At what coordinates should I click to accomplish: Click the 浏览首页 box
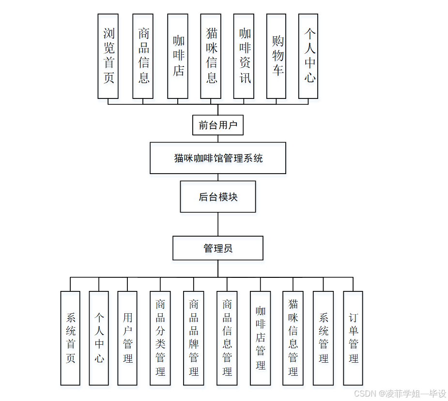tap(108, 56)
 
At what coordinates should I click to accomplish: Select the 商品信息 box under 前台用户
tap(143, 56)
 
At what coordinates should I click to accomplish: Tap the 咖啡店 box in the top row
tap(178, 56)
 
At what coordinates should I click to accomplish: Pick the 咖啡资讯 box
tap(244, 56)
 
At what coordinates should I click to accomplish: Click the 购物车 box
tap(276, 56)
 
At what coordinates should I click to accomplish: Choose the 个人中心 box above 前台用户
tap(308, 56)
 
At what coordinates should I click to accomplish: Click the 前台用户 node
tap(218, 125)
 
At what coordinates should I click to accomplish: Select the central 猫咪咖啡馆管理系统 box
tap(218, 158)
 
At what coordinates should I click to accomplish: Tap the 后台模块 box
tap(218, 196)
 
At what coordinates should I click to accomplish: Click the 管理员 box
tap(218, 248)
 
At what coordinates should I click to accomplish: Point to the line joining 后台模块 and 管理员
tap(218, 224)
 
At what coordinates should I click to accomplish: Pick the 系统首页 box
tap(70, 338)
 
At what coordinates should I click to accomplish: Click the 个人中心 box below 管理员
tap(99, 338)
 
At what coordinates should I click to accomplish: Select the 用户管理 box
tap(127, 338)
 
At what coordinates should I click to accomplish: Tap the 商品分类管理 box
tap(160, 338)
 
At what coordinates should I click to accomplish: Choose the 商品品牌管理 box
tap(194, 338)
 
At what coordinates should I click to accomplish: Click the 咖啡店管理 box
tap(261, 338)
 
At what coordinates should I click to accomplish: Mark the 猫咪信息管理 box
tap(293, 338)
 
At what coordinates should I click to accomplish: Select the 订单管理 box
tap(353, 338)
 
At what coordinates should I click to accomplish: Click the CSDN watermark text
tap(400, 393)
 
